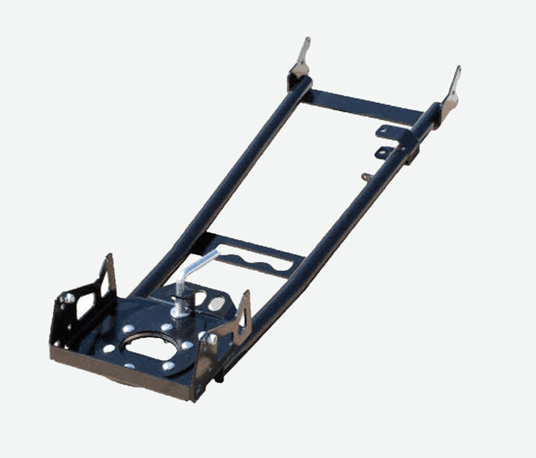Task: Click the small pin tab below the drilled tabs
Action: click(x=367, y=176)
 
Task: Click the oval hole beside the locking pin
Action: click(x=214, y=304)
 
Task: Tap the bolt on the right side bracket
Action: click(x=212, y=336)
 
